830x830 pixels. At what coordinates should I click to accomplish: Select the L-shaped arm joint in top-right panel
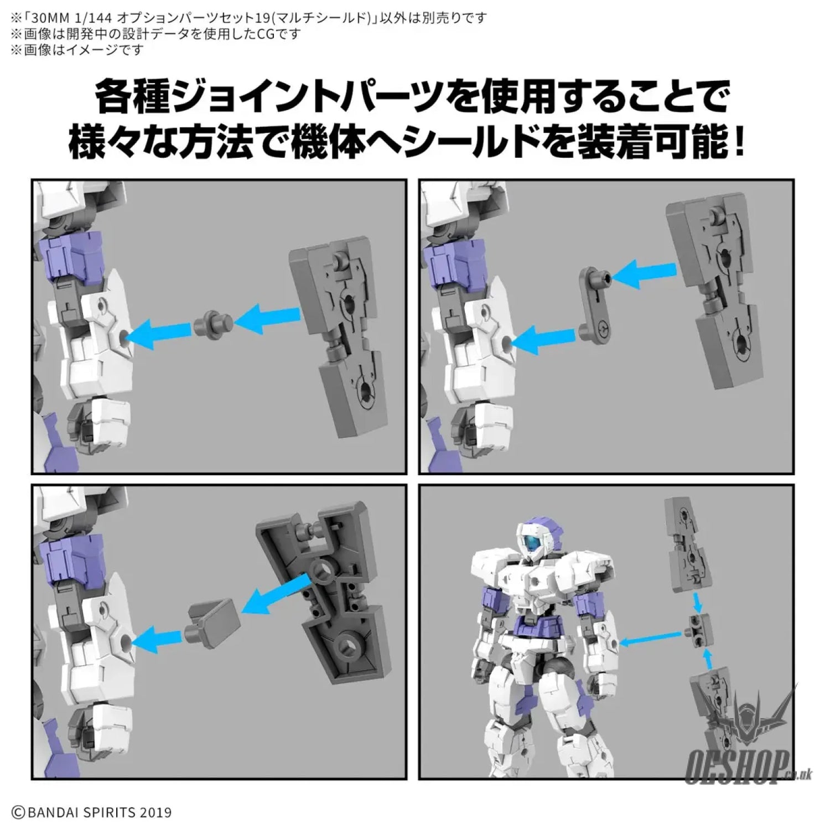pyautogui.click(x=595, y=304)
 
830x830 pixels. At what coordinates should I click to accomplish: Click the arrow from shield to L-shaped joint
pyautogui.click(x=644, y=274)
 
